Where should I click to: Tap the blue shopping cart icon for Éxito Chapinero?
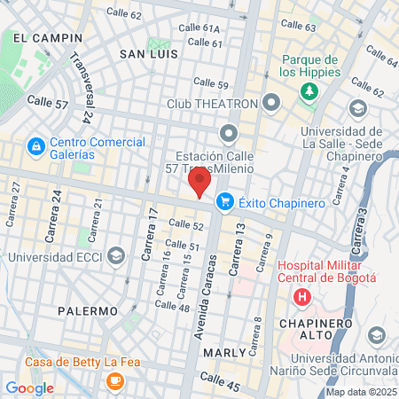click(225, 202)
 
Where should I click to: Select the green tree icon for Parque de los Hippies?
click(309, 90)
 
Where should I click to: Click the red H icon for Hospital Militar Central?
click(303, 296)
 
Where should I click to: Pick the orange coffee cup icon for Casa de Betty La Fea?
click(113, 379)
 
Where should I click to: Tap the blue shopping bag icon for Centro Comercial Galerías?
click(35, 145)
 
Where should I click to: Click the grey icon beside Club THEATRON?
click(271, 104)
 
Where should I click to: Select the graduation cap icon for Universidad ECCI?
click(116, 258)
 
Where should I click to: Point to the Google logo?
click(29, 387)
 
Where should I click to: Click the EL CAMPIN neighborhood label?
click(41, 38)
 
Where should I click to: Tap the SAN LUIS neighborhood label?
click(149, 54)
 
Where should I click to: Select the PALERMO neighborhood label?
click(88, 311)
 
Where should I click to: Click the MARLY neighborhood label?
click(223, 352)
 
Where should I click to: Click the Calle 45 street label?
click(220, 381)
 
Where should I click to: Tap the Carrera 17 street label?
click(146, 235)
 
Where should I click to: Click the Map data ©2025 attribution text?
click(361, 392)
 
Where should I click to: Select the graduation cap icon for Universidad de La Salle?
click(358, 108)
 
